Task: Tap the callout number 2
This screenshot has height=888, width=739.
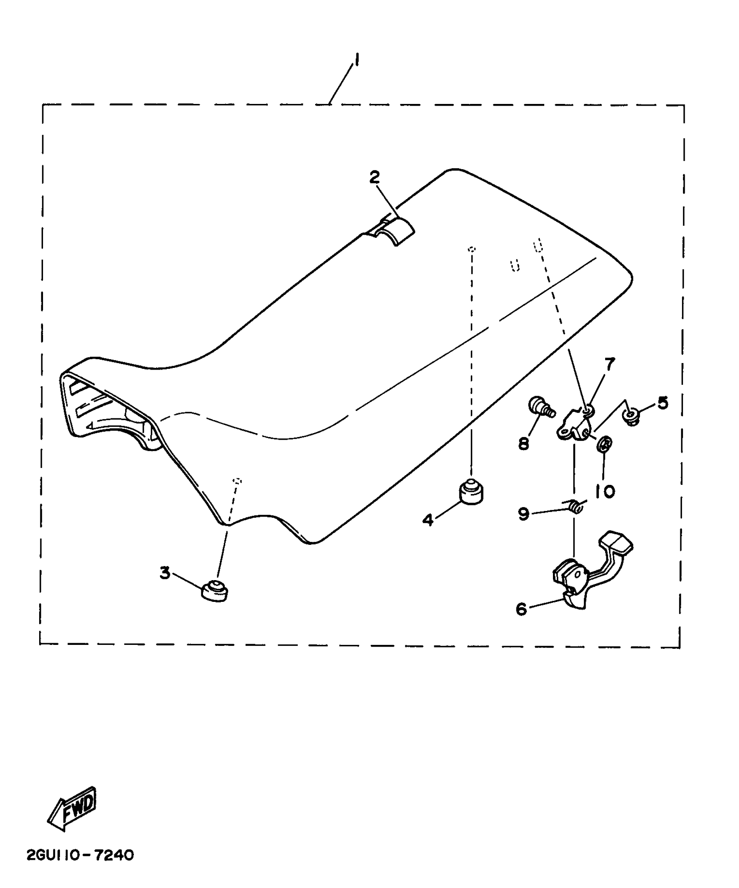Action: click(x=374, y=177)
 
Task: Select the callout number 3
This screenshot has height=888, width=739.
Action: click(x=165, y=573)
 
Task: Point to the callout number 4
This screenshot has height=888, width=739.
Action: click(x=428, y=520)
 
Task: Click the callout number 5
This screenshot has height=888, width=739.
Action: click(x=662, y=403)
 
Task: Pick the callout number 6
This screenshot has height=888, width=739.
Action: click(x=521, y=609)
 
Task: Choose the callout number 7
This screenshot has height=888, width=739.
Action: click(x=609, y=364)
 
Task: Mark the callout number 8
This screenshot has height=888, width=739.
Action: click(x=524, y=443)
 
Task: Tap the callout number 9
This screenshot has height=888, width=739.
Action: click(x=524, y=514)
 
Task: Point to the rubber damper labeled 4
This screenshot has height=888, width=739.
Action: click(x=472, y=491)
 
